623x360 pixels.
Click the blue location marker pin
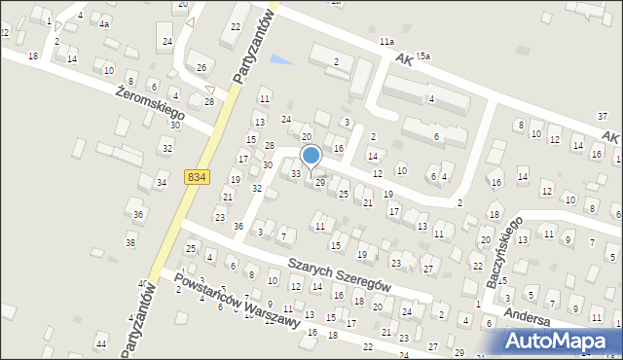click(311, 156)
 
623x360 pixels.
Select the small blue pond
click(281, 60)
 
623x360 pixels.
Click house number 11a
click(387, 42)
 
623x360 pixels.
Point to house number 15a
click(422, 57)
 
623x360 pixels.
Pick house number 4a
click(104, 23)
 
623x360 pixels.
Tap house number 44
click(101, 344)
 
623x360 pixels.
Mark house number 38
click(130, 242)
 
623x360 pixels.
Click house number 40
click(142, 284)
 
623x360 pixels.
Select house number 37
click(603, 117)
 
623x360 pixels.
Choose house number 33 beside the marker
click(296, 173)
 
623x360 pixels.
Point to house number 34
click(161, 182)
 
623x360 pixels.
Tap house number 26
click(202, 67)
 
